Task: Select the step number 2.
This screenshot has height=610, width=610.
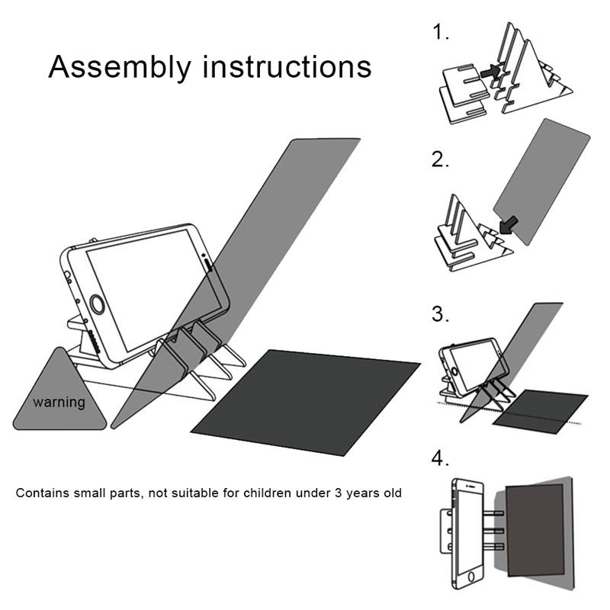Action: point(441,160)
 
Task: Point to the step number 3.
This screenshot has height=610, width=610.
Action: point(441,313)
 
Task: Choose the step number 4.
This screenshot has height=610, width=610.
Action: point(441,459)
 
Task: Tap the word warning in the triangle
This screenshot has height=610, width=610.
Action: point(59,401)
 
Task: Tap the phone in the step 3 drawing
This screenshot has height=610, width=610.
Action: point(471,364)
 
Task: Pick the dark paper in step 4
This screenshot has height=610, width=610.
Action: point(534,526)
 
